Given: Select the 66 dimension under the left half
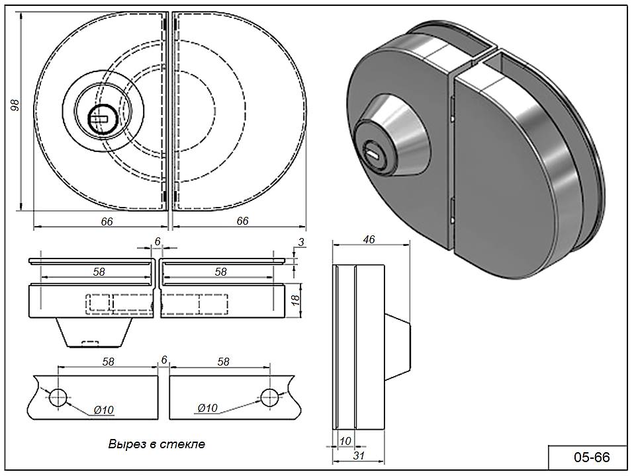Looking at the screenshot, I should [107, 221].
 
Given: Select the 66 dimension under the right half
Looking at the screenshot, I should [242, 221].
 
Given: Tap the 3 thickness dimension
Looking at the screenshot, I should [300, 243].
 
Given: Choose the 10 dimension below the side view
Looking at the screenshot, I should [344, 440].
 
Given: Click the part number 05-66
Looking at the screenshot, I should [591, 457].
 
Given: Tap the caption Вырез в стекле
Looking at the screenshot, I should [157, 444].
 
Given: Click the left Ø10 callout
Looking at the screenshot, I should [103, 410].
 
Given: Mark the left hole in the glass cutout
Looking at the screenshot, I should [58, 397].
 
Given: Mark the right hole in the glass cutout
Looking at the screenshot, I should [269, 397].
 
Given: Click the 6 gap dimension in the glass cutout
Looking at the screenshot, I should [163, 360].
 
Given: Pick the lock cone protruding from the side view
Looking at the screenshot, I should [398, 348].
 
